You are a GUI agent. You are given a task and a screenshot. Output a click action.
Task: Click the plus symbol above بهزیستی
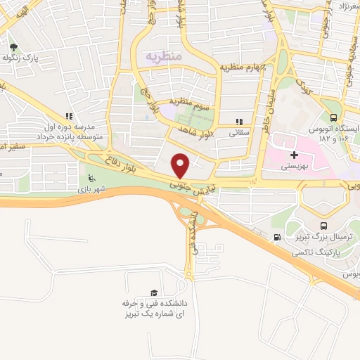tap(294, 155)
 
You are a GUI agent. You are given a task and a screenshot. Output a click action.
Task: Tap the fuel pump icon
tap(277, 237)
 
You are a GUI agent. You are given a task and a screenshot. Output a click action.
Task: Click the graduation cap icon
tap(153, 292)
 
